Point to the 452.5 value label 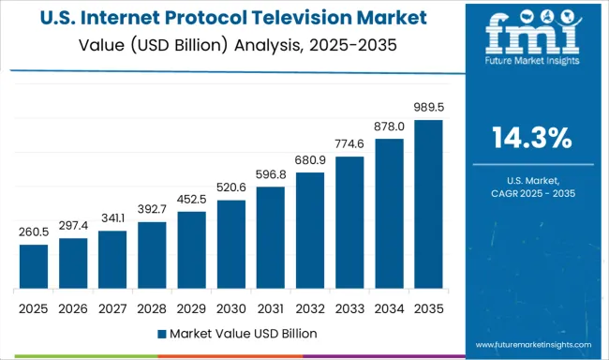click(x=191, y=200)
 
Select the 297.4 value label click(x=73, y=226)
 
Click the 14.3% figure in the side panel click(x=531, y=138)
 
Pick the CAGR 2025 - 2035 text click(x=531, y=192)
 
